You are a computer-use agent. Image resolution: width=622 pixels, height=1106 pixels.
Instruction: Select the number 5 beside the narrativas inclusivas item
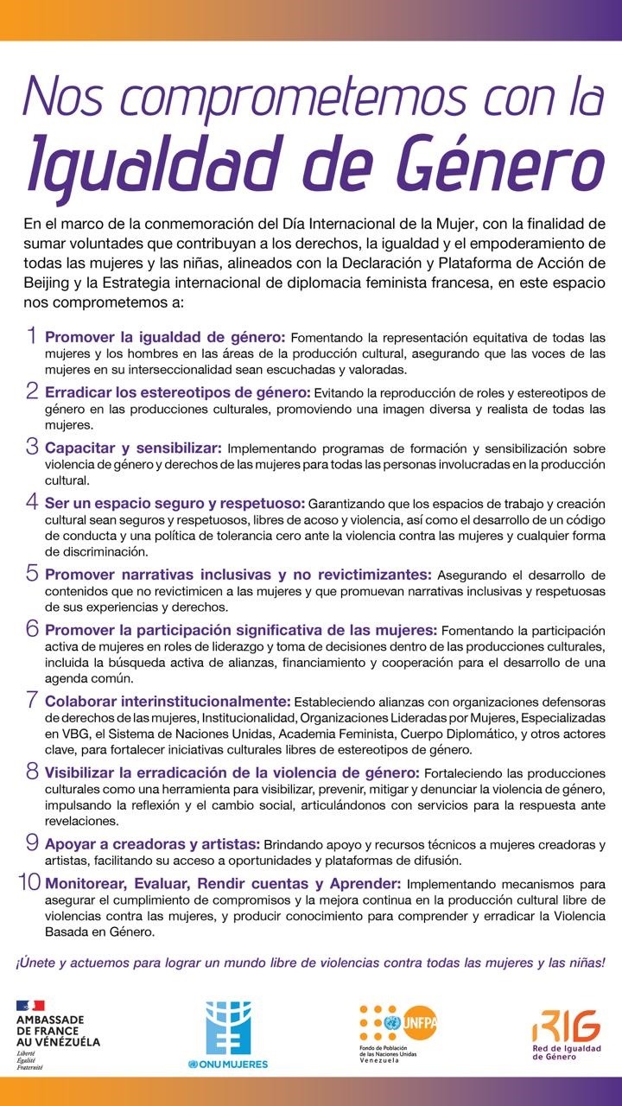(32, 573)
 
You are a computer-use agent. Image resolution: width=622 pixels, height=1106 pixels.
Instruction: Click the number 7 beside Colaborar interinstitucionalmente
(32, 700)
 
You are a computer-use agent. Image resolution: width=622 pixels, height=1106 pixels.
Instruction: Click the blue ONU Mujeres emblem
(227, 1016)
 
